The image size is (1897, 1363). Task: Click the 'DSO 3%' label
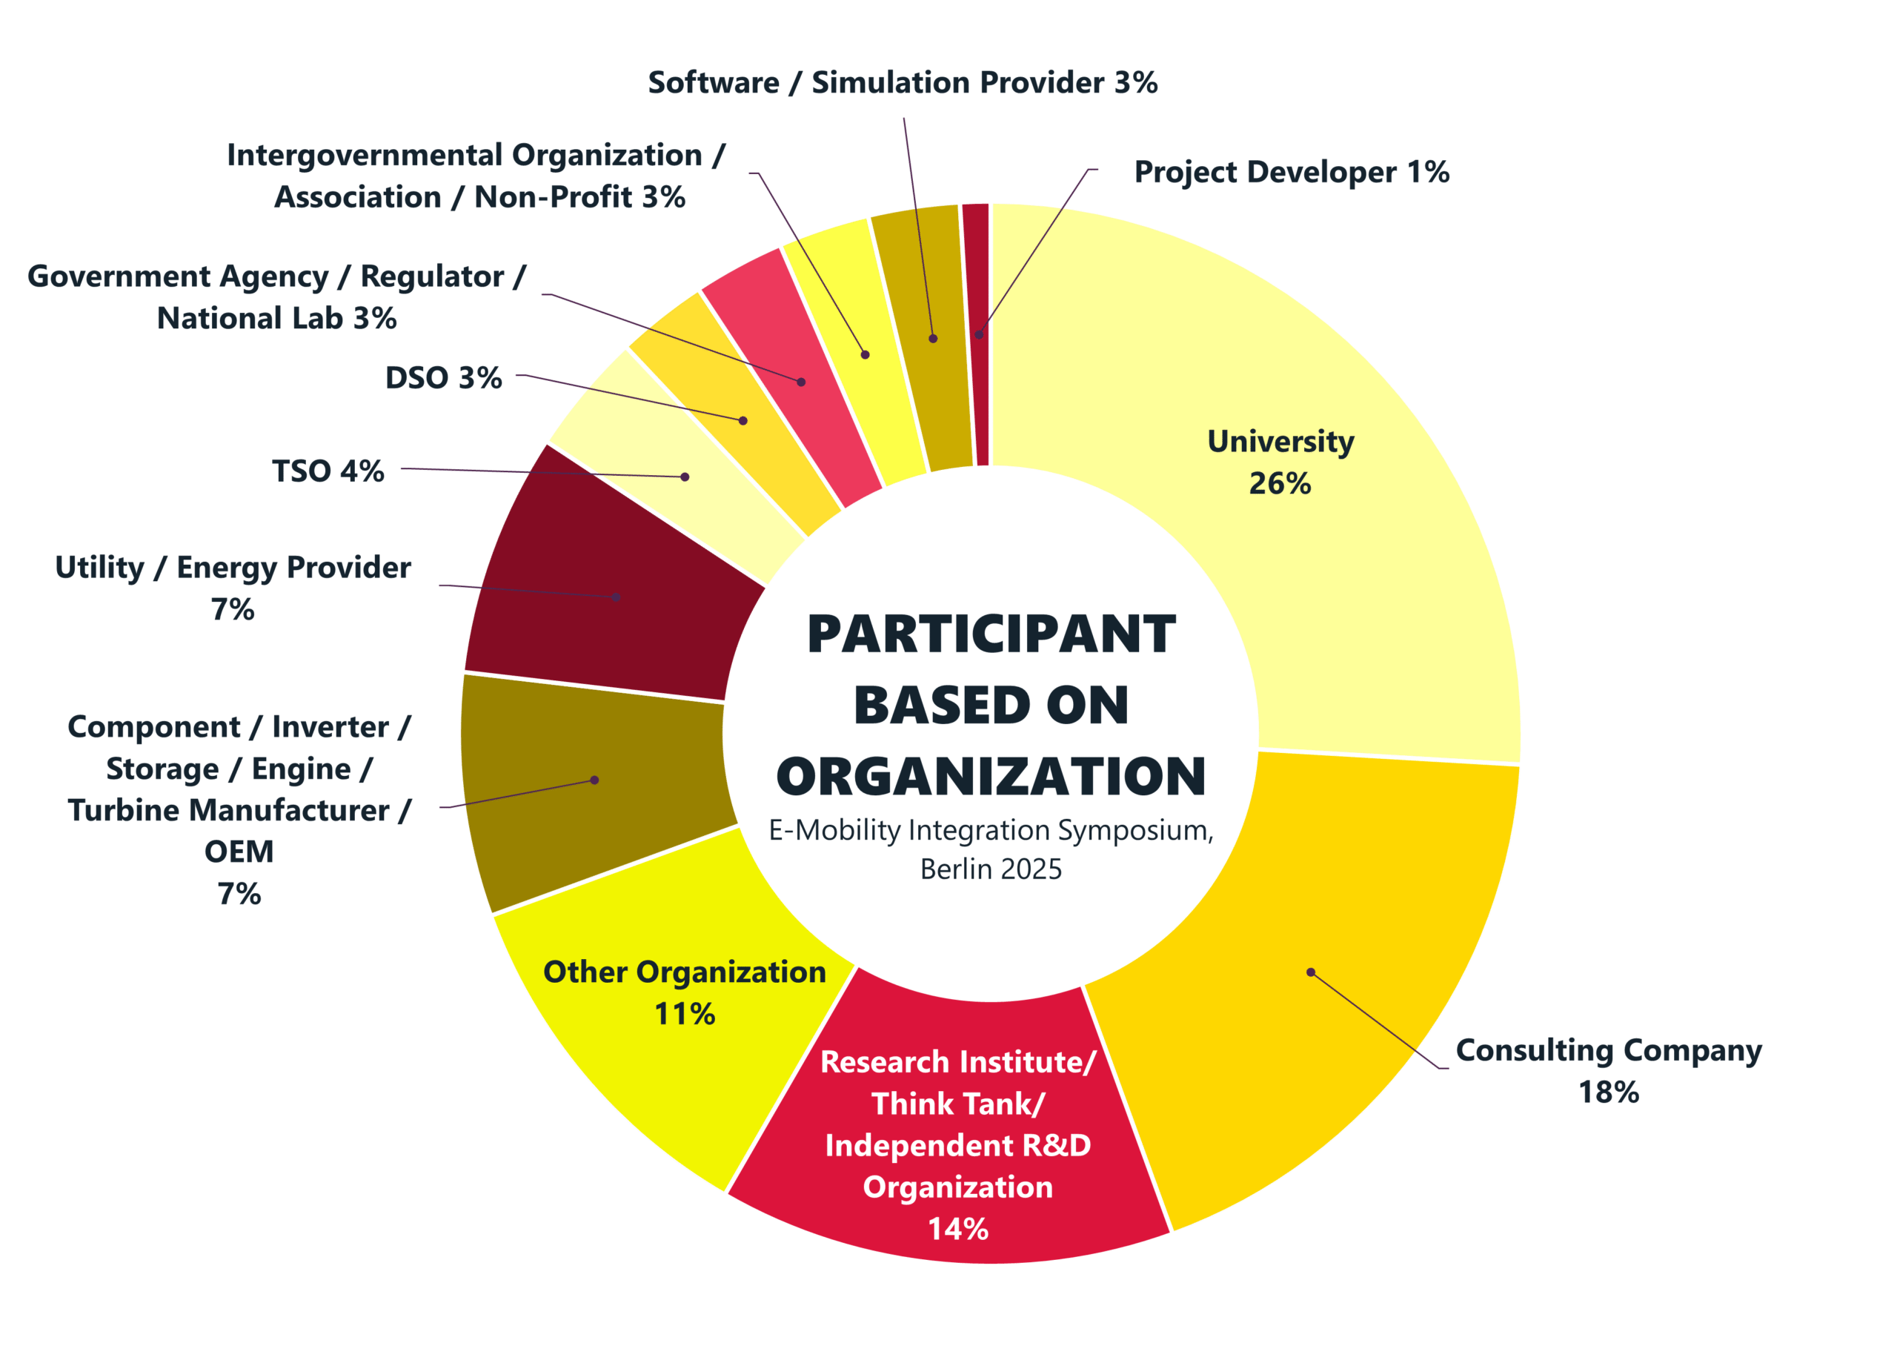443,378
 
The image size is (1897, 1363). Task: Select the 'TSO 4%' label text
328,471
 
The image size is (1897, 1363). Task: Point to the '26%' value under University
1280,484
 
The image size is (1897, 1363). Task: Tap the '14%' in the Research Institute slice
957,1229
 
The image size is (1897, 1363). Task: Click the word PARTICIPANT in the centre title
991,634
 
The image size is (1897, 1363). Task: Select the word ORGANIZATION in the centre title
991,777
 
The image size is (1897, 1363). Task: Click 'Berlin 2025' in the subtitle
991,869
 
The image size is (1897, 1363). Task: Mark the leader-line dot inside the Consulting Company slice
1311,972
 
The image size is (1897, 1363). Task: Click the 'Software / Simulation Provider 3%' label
903,83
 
